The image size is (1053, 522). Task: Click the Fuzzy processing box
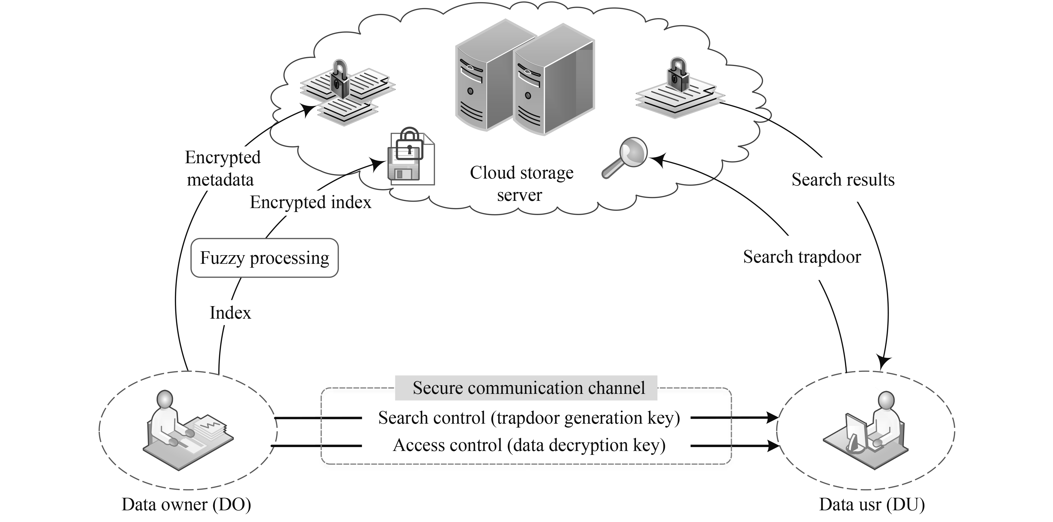pos(264,258)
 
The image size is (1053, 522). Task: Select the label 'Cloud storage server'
pos(521,184)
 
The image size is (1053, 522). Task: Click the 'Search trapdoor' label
pos(802,257)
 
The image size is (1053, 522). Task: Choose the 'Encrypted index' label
pos(311,202)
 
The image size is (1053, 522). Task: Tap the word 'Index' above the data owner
pos(230,313)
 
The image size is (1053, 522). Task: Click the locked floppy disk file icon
pos(410,158)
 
